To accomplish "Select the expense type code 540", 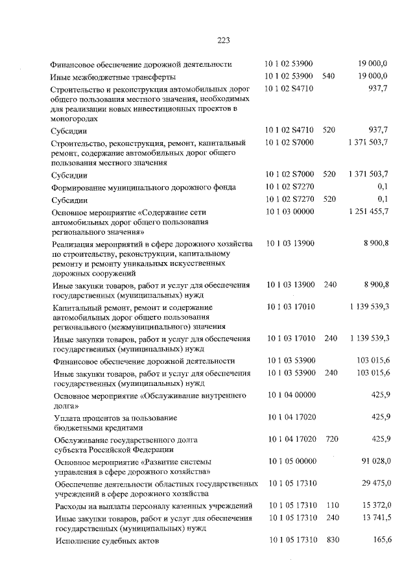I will tap(328, 77).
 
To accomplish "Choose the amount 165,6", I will tap(377, 540).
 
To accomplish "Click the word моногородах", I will tap(75, 119).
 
